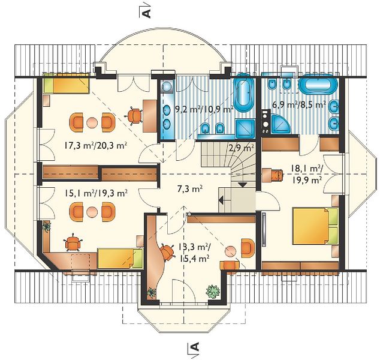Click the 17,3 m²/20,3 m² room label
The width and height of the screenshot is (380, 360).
(96, 146)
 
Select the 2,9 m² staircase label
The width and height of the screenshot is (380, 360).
(241, 147)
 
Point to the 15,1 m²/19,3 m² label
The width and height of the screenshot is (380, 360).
(96, 193)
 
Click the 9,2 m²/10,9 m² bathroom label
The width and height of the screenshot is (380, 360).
(204, 109)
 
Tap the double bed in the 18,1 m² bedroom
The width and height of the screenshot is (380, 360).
(315, 226)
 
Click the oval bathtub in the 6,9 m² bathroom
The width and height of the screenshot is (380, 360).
(318, 84)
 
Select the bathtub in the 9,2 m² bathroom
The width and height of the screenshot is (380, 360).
(243, 94)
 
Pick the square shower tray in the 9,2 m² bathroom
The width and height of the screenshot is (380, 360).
(246, 128)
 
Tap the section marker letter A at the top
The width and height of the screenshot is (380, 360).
(147, 14)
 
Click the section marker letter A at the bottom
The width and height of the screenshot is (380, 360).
(195, 346)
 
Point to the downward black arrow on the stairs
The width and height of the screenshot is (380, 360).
(243, 185)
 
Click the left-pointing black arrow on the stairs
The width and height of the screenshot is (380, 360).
(221, 200)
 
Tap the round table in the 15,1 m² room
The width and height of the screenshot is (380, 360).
(92, 212)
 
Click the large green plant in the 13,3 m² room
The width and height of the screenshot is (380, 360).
(213, 291)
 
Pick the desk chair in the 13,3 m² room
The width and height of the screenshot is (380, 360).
(167, 252)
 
